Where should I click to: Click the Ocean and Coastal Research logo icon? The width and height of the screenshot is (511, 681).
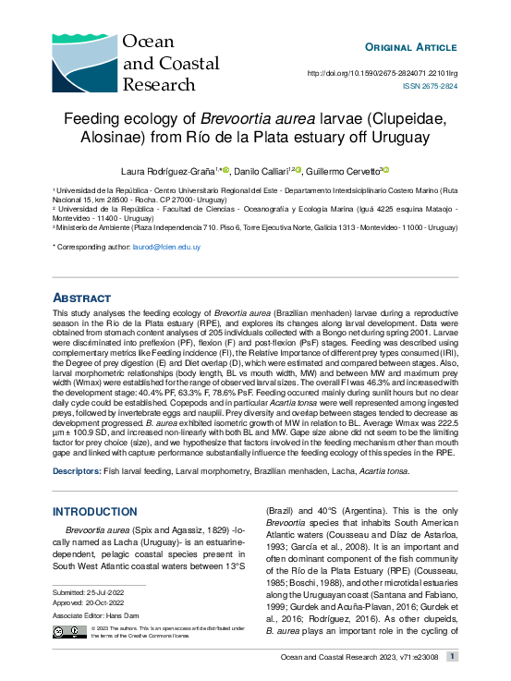84,61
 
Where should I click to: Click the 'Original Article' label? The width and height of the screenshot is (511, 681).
411,47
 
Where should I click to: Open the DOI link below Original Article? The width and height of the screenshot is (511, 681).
382,73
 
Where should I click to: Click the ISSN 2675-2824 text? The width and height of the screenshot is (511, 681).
430,86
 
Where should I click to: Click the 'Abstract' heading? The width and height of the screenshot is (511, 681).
82,298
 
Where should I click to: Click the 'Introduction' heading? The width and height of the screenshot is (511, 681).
95,511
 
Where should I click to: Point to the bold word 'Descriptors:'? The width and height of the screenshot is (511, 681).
77,471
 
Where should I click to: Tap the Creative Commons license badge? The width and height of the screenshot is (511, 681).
65,631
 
